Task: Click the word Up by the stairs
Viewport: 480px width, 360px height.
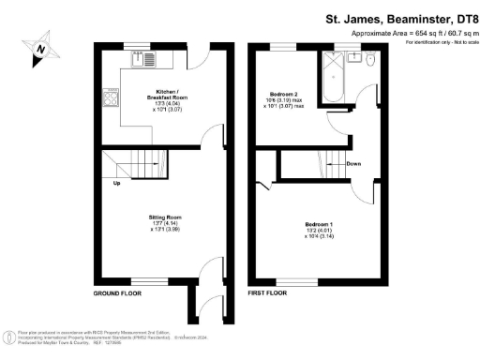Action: [115, 182]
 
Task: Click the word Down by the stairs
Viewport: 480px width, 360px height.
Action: [352, 164]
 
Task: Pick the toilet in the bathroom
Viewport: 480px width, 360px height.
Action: [371, 60]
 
